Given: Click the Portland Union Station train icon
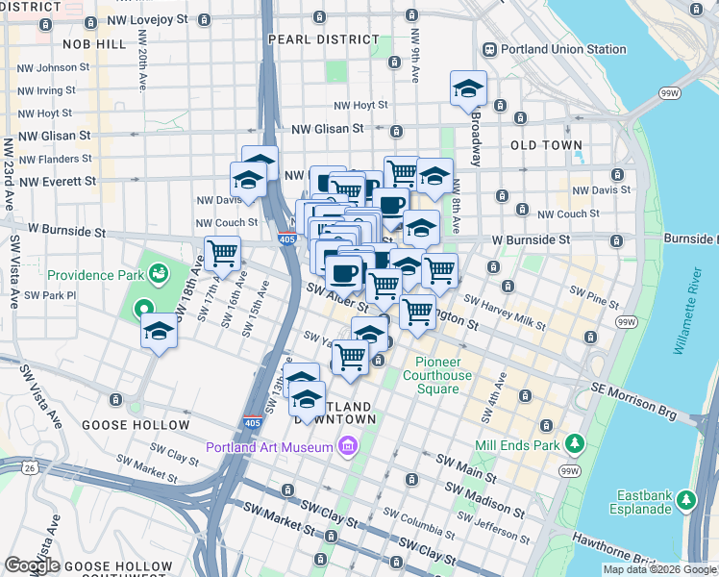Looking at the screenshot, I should pos(489,49).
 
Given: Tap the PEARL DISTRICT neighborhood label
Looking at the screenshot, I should pos(324,39).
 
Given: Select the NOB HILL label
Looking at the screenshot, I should pos(93,44).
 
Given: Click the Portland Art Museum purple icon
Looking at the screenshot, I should pos(346,445).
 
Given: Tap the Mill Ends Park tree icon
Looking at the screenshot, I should pos(575,443).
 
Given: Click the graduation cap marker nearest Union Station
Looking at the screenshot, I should pos(468,89).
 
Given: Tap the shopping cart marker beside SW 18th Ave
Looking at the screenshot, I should pos(222,254).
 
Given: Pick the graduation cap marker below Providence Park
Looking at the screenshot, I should pos(159,333).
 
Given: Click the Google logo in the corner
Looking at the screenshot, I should pos(32,565).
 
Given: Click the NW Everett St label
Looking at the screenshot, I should pos(57,180).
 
